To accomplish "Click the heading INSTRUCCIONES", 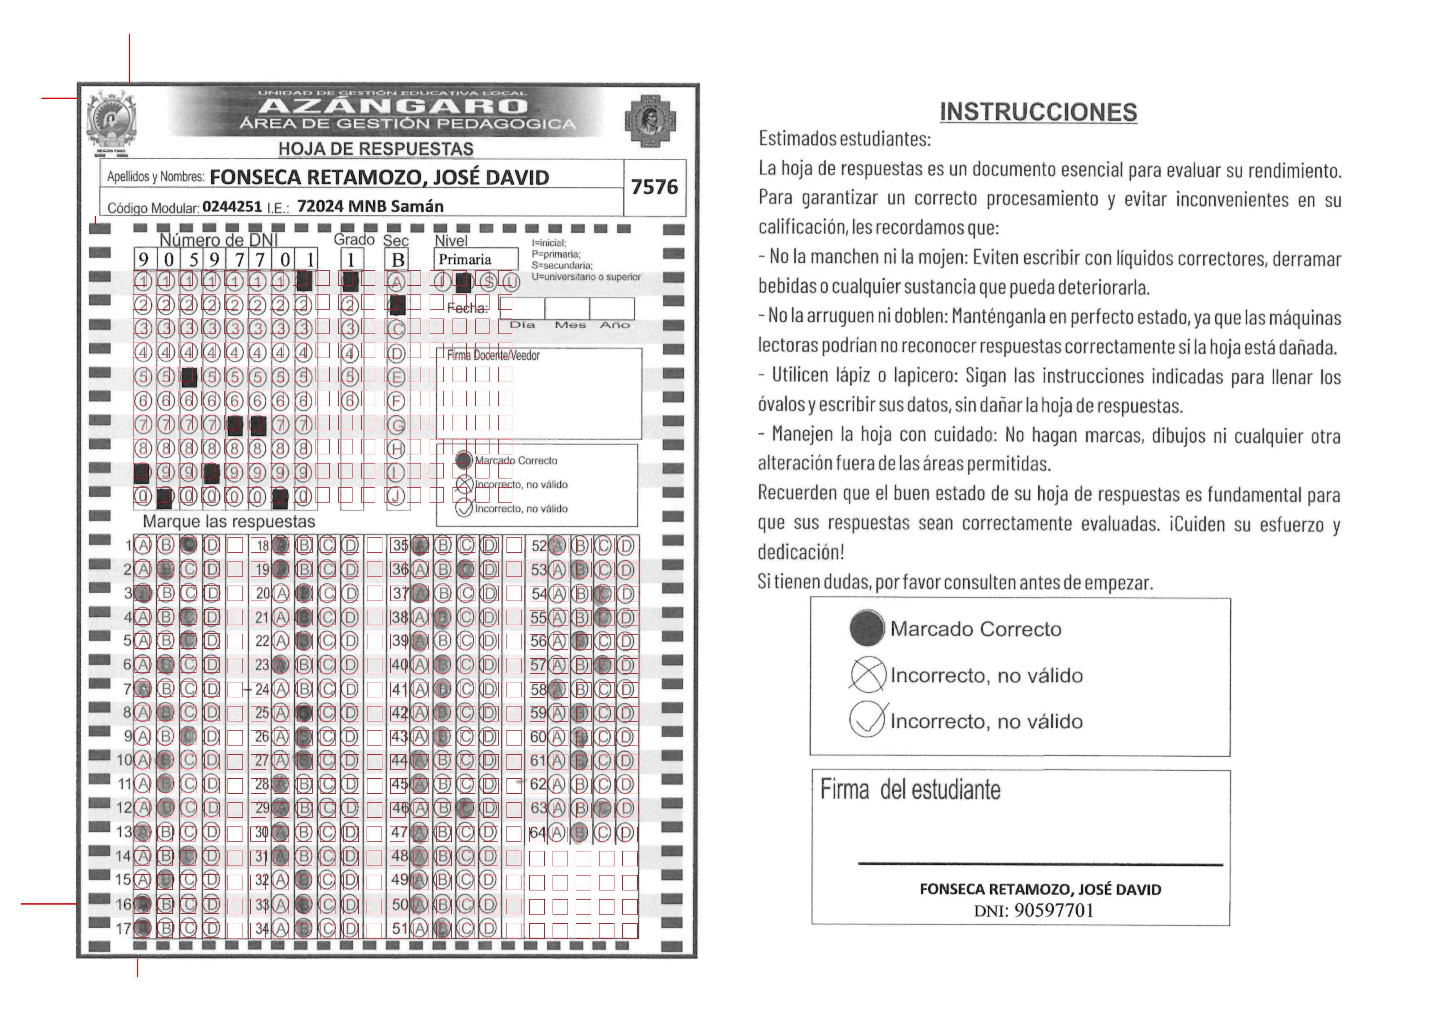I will (x=1038, y=112).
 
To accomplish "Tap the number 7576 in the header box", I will (x=654, y=187).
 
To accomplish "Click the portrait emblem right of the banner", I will (x=650, y=120).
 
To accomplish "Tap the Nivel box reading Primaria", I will (x=476, y=260).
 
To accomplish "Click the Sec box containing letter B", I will (x=398, y=260).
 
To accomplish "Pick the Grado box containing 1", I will (x=351, y=260).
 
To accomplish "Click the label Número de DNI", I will (x=218, y=240).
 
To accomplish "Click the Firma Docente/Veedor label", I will (x=493, y=356).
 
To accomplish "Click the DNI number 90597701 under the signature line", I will (x=1053, y=911).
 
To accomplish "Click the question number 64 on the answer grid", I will (x=538, y=832).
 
